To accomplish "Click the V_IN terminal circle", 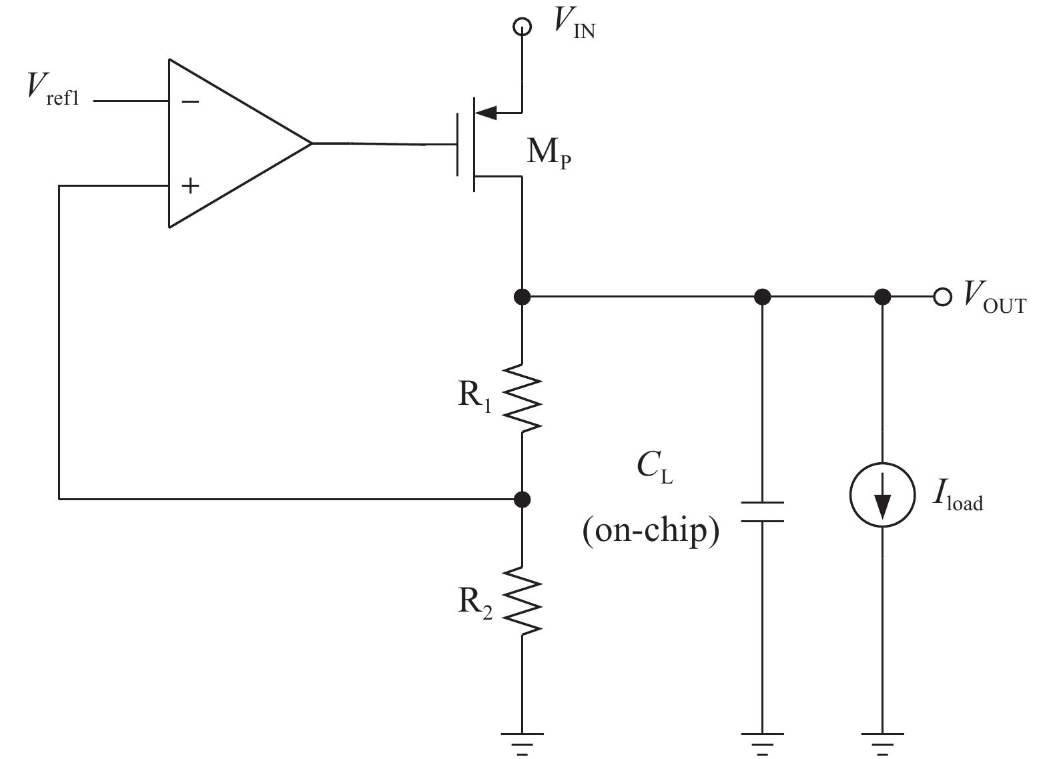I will pyautogui.click(x=522, y=27).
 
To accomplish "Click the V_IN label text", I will pyautogui.click(x=573, y=26).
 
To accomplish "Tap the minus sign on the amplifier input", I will pyautogui.click(x=190, y=101).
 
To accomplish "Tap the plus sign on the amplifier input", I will pyautogui.click(x=190, y=185).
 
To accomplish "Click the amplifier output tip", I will pyautogui.click(x=311, y=143).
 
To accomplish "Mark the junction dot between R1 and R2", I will pyautogui.click(x=522, y=498).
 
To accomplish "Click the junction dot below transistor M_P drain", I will pyautogui.click(x=522, y=296).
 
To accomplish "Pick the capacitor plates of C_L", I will pyautogui.click(x=762, y=511).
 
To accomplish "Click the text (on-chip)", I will pyautogui.click(x=651, y=532).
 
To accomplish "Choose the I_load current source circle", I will pyautogui.click(x=882, y=495).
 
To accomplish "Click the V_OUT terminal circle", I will pyautogui.click(x=942, y=297).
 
